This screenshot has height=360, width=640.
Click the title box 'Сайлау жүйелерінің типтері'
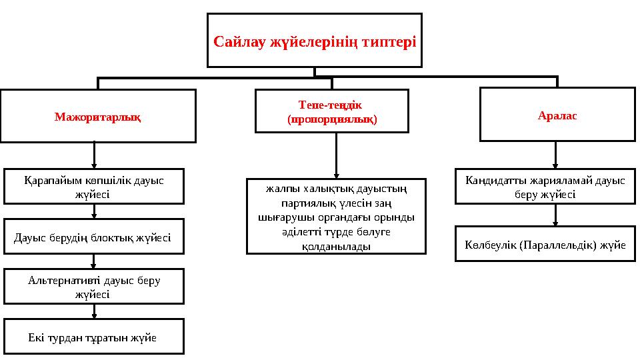tap(314, 41)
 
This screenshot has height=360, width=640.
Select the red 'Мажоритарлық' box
tap(98, 116)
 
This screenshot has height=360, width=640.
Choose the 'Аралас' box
tap(557, 115)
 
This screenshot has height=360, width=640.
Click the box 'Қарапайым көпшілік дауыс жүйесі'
tap(94, 186)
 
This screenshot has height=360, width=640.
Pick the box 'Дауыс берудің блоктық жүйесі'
tap(93, 237)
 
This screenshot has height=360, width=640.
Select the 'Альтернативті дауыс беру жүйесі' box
tap(94, 286)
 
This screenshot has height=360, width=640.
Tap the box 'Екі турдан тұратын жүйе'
tap(94, 337)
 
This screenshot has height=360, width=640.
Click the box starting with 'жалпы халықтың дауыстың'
tap(336, 217)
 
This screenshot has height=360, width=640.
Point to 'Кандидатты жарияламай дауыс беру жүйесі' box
tap(545, 187)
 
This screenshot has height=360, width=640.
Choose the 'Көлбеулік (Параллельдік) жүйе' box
tap(545, 244)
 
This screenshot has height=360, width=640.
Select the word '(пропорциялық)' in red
tap(331, 119)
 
